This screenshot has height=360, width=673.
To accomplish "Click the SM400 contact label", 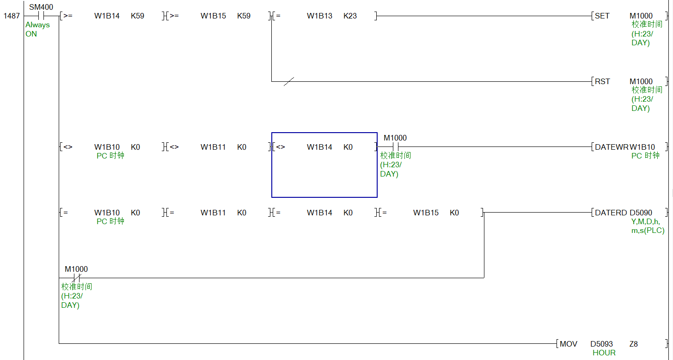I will pos(41,7).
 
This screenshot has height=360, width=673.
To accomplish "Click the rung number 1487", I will pos(12,16).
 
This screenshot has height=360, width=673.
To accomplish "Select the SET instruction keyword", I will pos(602,16).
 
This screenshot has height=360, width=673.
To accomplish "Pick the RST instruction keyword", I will pos(602,81).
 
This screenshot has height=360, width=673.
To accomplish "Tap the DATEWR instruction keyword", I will pos(612,147).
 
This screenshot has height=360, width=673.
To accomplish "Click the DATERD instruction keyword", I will pos(611,213).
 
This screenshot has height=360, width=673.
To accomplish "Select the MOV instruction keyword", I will pos(569,344).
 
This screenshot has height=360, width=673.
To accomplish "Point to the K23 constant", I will pos(350,16).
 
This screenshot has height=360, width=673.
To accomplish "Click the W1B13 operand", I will pos(319,16).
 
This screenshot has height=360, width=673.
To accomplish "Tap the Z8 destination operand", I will pos(633,344).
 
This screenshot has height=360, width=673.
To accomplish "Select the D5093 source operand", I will pos(601,344).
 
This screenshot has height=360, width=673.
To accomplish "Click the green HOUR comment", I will pos(604,353).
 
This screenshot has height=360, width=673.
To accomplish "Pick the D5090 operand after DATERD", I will pos(641,213).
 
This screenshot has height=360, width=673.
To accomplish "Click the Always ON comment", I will pos(37,29).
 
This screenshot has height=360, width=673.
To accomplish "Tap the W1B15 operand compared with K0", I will pos(426,213).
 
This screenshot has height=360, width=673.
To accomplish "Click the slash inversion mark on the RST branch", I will pos(288,82).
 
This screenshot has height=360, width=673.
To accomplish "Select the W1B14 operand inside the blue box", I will pos(319,147).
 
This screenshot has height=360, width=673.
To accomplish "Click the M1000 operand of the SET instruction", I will pos(641,16).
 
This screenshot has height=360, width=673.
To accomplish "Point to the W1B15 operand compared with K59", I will pos(213,16).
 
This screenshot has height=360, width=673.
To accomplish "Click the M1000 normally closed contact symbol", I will pos(76,278).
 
